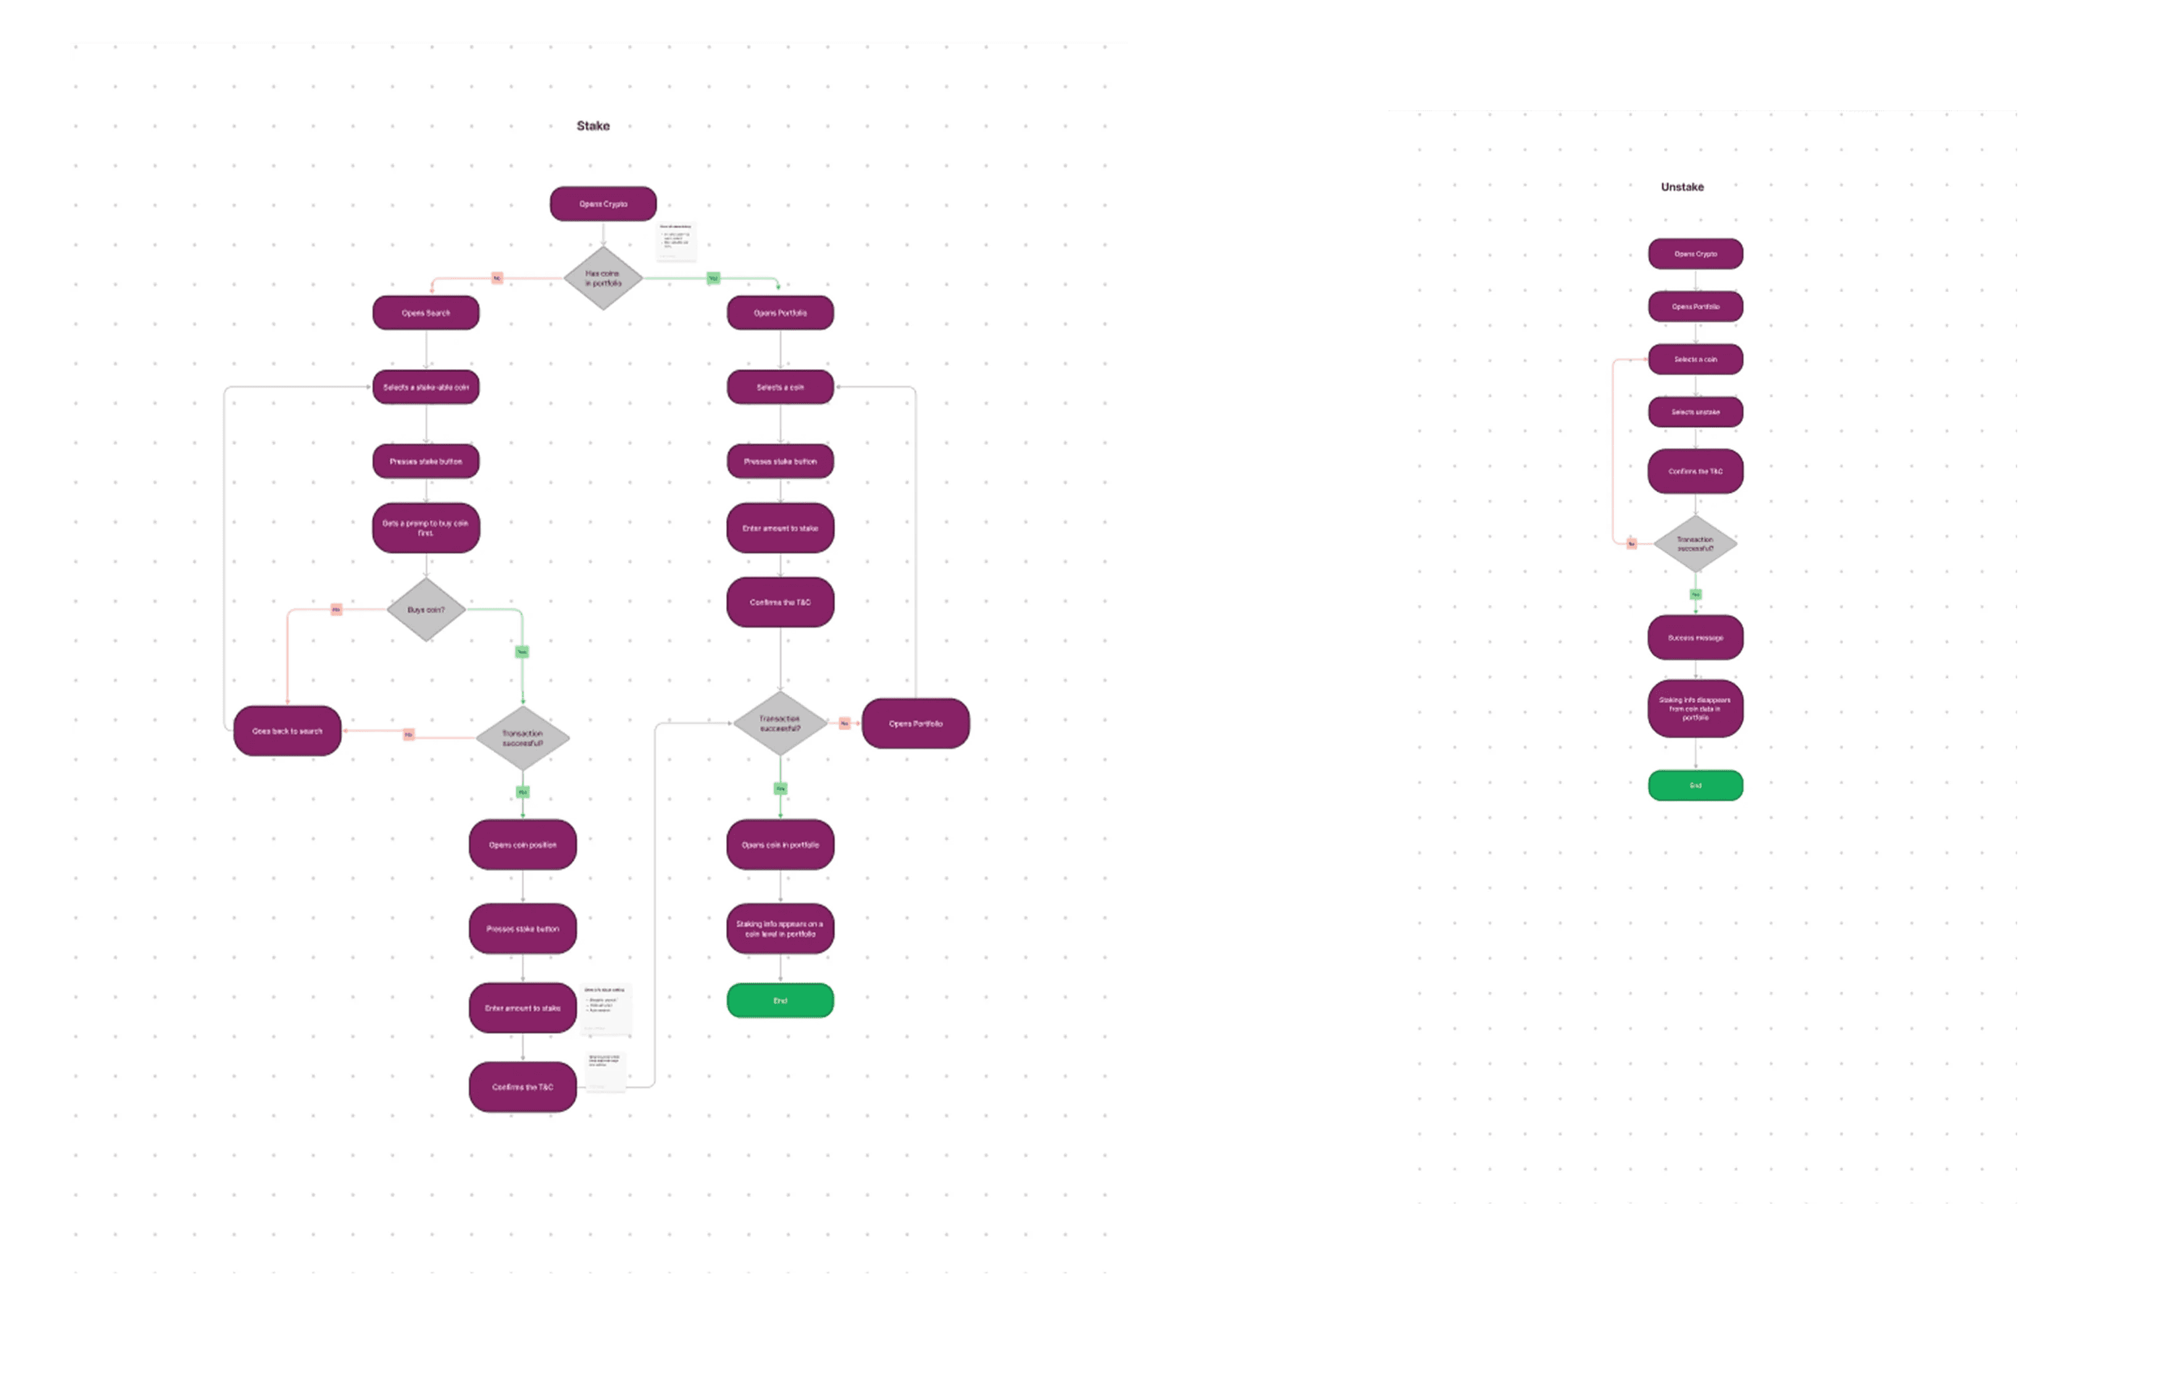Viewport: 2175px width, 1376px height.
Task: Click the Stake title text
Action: tap(593, 126)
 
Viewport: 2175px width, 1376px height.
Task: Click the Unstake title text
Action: tap(1682, 187)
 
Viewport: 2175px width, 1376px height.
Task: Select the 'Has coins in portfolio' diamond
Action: tap(602, 278)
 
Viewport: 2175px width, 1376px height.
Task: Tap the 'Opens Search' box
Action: tap(426, 312)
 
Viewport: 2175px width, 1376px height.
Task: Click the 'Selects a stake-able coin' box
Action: tap(426, 387)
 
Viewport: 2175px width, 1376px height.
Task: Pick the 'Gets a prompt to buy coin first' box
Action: tap(426, 528)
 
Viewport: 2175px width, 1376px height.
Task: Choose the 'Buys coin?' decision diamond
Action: tap(426, 610)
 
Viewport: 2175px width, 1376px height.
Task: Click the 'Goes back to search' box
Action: tap(287, 731)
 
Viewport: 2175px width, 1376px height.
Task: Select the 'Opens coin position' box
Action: tap(522, 845)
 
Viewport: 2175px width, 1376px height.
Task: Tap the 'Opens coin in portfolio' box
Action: tap(779, 845)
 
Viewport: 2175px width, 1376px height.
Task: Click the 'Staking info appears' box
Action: tap(779, 929)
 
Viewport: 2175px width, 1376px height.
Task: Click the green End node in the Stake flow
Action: tap(779, 1000)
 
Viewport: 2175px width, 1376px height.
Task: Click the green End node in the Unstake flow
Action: tap(1696, 785)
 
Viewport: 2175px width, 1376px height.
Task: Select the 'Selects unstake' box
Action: tap(1696, 412)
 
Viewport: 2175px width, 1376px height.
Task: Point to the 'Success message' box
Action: tap(1696, 638)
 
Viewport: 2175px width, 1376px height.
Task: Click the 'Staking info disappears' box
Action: tap(1696, 708)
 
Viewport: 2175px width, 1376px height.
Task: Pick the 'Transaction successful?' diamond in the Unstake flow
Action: tap(1696, 544)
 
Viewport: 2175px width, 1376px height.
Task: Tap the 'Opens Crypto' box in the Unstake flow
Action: tap(1696, 254)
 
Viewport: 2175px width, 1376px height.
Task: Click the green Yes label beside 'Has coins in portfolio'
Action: tap(713, 278)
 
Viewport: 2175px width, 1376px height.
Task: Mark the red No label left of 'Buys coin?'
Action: tap(336, 610)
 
